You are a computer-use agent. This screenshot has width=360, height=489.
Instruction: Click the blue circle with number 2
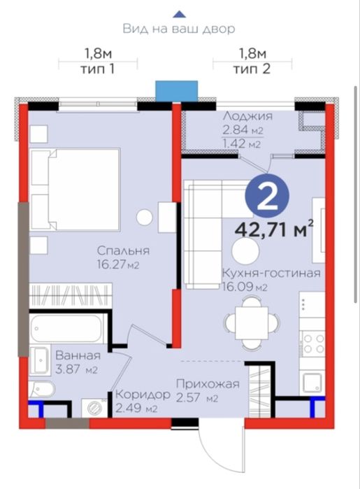coord(267,196)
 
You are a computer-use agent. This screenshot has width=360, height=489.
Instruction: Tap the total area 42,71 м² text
coord(274,230)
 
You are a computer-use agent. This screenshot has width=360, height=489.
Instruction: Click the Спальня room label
coord(123,250)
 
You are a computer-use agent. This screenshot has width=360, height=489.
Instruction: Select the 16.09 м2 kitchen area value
coord(245,287)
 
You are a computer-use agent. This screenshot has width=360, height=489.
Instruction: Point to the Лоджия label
coord(247,116)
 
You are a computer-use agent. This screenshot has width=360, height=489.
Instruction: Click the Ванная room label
coord(78,355)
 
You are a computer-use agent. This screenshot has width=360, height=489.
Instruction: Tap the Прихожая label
coord(208,383)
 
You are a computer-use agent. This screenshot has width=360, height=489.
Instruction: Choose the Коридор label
coord(143,395)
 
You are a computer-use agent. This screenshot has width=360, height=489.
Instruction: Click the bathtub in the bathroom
coord(67,328)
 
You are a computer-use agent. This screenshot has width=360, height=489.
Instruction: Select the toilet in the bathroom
coord(42,389)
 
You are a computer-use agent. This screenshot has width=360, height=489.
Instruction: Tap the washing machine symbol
coord(94,408)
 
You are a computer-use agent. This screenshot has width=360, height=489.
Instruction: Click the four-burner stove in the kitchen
coord(312,343)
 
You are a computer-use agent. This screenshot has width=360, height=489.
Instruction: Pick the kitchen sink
coord(312,383)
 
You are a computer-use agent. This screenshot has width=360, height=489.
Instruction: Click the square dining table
coord(252,323)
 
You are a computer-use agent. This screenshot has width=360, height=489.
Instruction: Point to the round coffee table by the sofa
coord(245,251)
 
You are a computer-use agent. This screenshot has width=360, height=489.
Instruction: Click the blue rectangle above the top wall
coord(177,91)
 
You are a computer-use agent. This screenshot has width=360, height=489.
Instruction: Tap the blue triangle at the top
coord(180,14)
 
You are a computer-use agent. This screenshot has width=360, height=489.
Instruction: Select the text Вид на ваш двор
coord(179,29)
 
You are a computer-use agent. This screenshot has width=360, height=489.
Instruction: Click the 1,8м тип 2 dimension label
coord(252,61)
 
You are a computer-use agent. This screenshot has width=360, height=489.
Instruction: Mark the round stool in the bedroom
coord(144,216)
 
